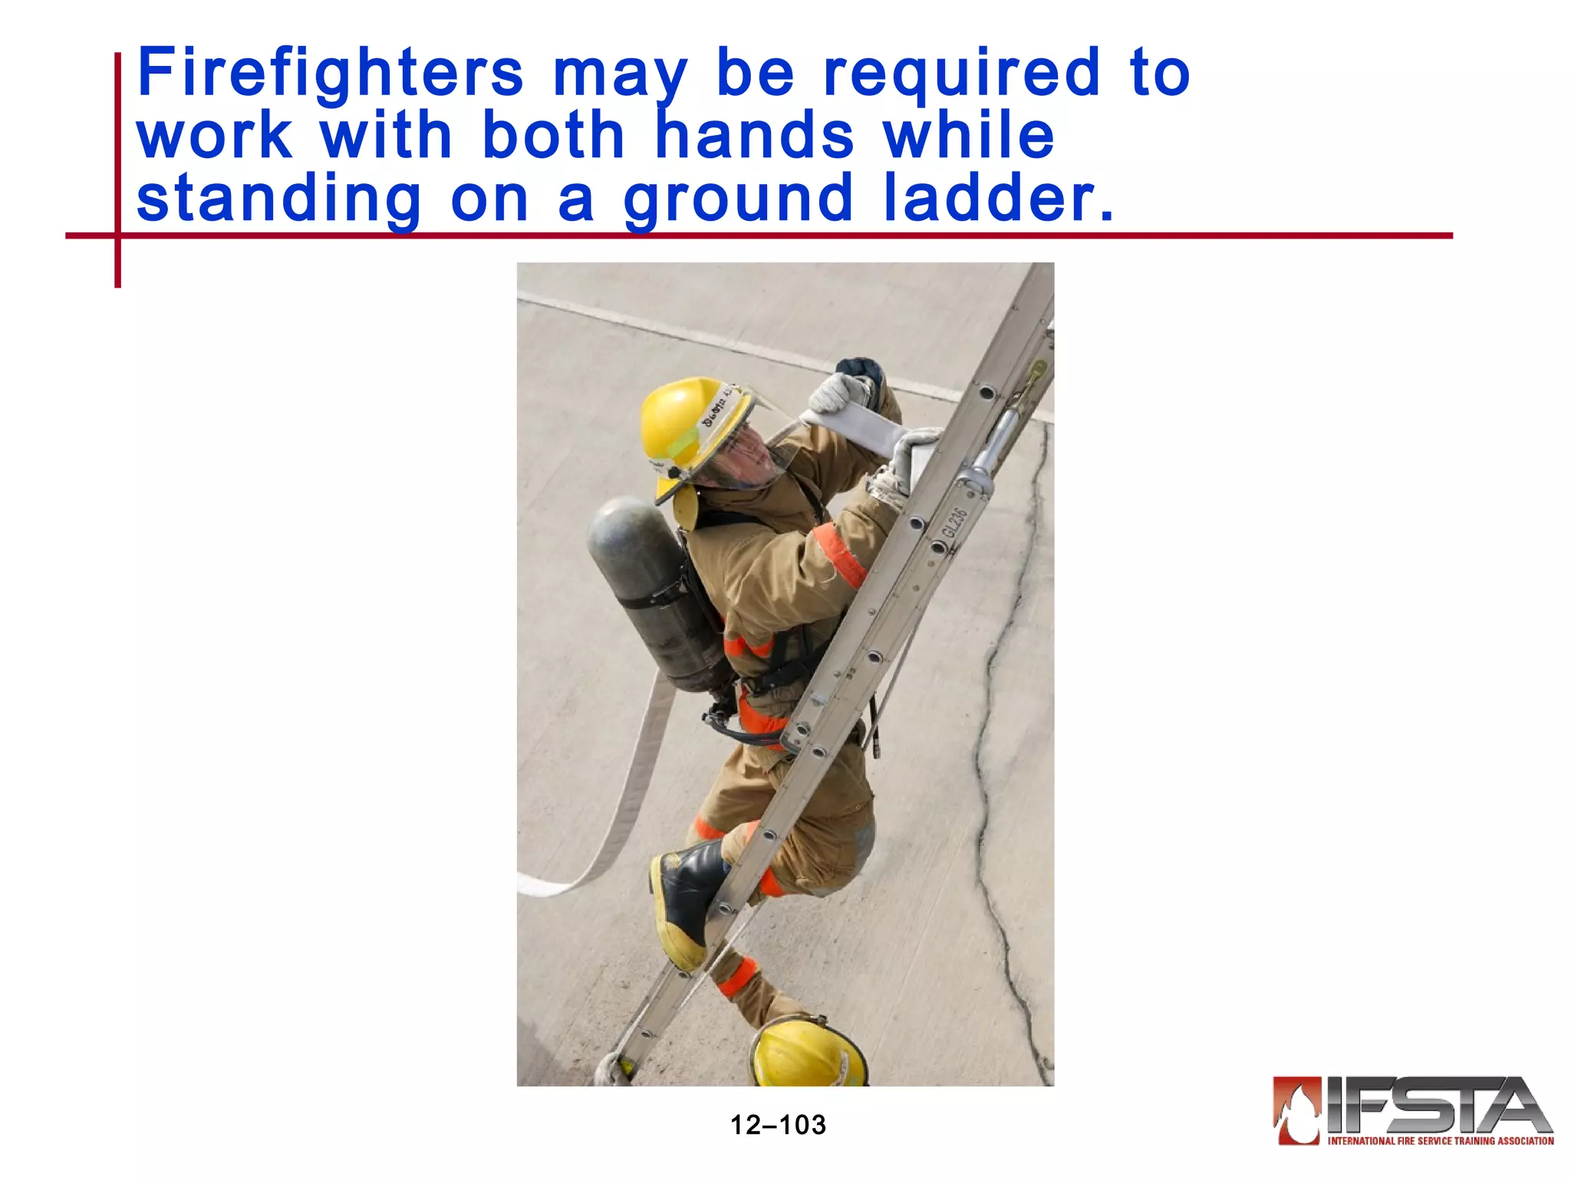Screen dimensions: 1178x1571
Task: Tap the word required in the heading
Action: tap(962, 75)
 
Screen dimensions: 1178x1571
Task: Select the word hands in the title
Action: tap(755, 137)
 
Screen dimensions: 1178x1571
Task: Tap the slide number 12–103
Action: tap(778, 1125)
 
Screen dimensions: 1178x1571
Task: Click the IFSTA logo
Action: tap(1413, 1110)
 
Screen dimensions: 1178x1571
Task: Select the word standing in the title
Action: tap(279, 199)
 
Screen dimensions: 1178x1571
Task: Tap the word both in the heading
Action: tap(553, 137)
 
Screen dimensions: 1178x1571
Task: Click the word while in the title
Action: tap(969, 137)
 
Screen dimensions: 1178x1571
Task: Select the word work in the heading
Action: tap(215, 137)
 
